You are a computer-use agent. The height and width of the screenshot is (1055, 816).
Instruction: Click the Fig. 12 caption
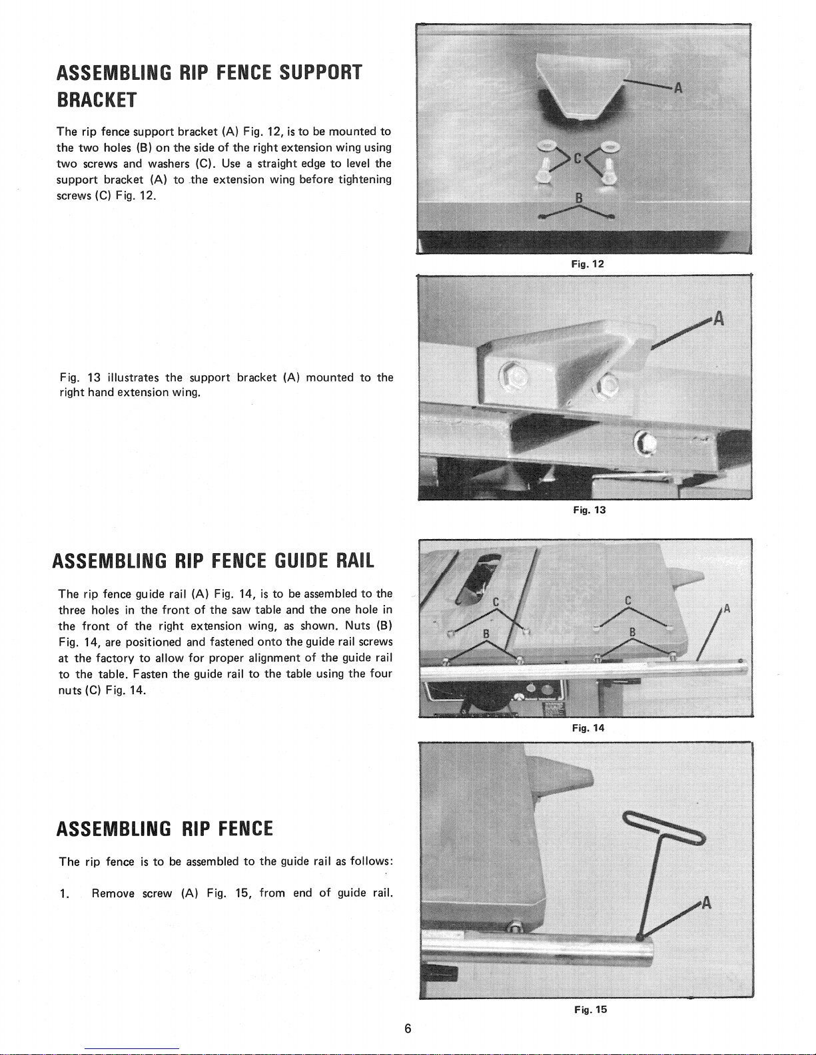pyautogui.click(x=588, y=264)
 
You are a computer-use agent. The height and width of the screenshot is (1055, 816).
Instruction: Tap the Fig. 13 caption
pyautogui.click(x=590, y=511)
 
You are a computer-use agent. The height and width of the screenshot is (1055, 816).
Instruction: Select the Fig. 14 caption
pyautogui.click(x=588, y=728)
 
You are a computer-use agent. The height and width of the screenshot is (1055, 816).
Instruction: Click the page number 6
pyautogui.click(x=408, y=1029)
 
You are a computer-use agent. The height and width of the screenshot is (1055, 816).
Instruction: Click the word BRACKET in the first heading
pyautogui.click(x=97, y=101)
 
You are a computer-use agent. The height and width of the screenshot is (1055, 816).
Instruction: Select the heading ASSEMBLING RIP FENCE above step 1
pyautogui.click(x=165, y=829)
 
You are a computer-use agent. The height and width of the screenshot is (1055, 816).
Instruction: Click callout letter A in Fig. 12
pyautogui.click(x=678, y=89)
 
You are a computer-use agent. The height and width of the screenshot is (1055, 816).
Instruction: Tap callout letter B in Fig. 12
pyautogui.click(x=578, y=198)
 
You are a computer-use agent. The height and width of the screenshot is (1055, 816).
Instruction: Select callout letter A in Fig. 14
pyautogui.click(x=727, y=608)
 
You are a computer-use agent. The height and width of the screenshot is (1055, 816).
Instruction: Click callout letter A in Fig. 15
pyautogui.click(x=707, y=903)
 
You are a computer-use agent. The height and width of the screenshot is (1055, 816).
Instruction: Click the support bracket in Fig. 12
pyautogui.click(x=578, y=87)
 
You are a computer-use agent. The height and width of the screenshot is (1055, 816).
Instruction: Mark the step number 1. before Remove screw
pyautogui.click(x=64, y=893)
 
